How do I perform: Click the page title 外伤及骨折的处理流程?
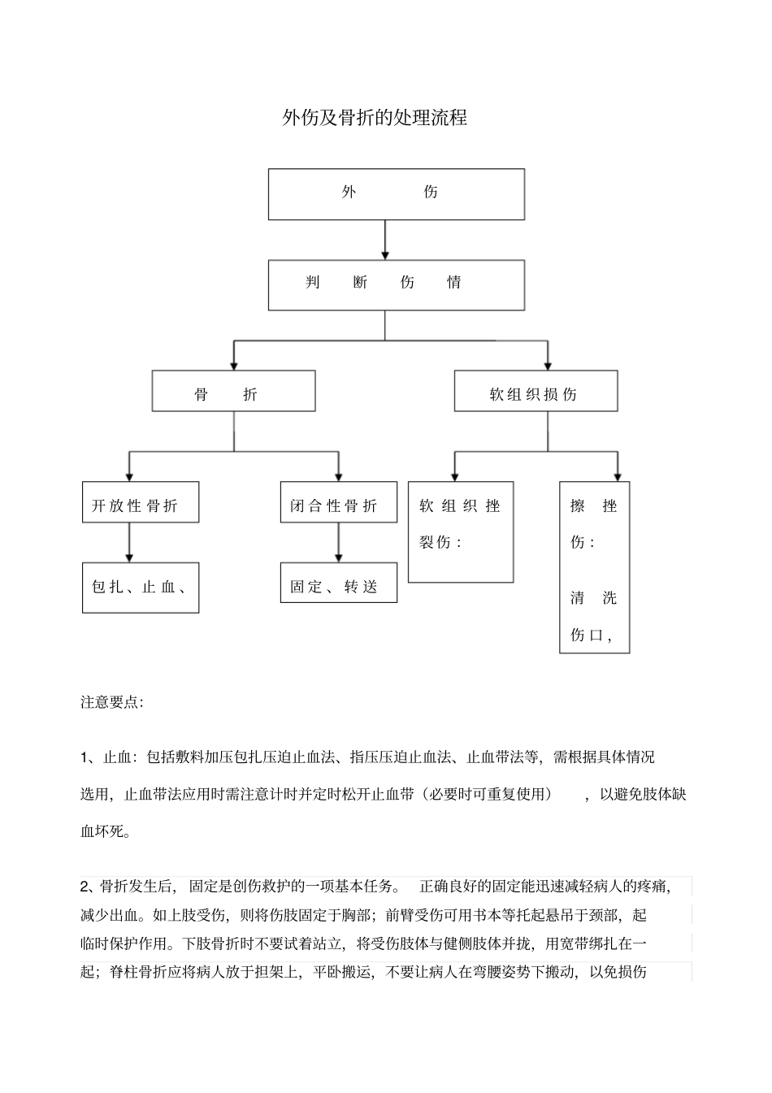pyautogui.click(x=374, y=118)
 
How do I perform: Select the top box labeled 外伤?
pyautogui.click(x=396, y=194)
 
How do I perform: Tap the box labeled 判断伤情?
pyautogui.click(x=396, y=284)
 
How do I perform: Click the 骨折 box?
pyautogui.click(x=233, y=391)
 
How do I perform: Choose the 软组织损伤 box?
pyautogui.click(x=536, y=391)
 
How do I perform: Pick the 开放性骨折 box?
pyautogui.click(x=141, y=502)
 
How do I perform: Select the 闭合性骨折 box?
pyautogui.click(x=338, y=502)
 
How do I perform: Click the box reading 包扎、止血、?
pyautogui.click(x=141, y=588)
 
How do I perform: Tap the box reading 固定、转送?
pyautogui.click(x=338, y=583)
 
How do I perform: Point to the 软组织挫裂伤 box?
pyautogui.click(x=460, y=532)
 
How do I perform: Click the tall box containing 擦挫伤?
pyautogui.click(x=594, y=567)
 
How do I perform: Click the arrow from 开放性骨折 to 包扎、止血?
pyautogui.click(x=129, y=542)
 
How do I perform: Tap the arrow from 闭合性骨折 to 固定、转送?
pyautogui.click(x=339, y=542)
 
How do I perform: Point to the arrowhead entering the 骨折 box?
pyautogui.click(x=234, y=365)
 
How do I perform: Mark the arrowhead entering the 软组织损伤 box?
pyautogui.click(x=548, y=365)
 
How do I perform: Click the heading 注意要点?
pyautogui.click(x=112, y=702)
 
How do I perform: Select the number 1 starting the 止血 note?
pyautogui.click(x=85, y=757)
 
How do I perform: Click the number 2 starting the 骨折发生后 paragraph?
pyautogui.click(x=85, y=886)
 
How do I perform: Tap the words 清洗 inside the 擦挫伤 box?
pyautogui.click(x=593, y=599)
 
